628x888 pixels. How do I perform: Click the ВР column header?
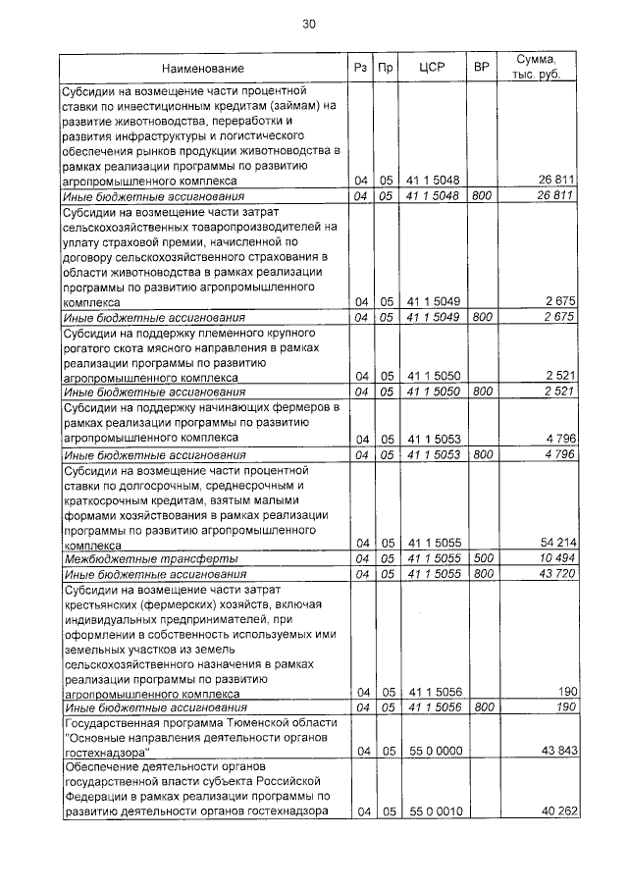pyautogui.click(x=481, y=68)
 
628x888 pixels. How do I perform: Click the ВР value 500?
pyautogui.click(x=481, y=557)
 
